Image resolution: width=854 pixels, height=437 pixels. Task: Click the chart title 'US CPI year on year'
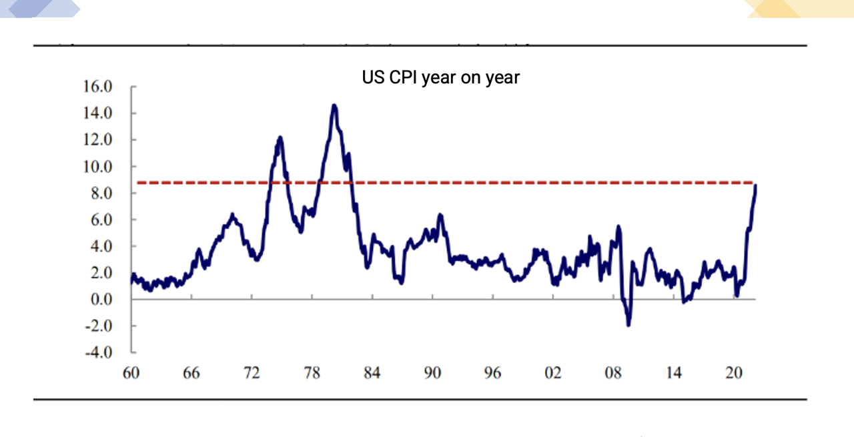[x=440, y=77]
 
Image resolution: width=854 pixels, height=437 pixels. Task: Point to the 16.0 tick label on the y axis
[x=97, y=87]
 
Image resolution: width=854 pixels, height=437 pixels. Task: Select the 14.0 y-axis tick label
[x=97, y=113]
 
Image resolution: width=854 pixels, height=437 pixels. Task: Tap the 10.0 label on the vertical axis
[x=97, y=166]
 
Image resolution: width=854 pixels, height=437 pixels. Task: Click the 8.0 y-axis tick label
[x=101, y=193]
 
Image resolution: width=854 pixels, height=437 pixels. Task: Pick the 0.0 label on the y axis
[x=101, y=299]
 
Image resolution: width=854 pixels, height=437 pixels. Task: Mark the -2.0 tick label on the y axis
[x=98, y=326]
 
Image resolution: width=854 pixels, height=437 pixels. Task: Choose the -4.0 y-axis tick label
[x=98, y=352]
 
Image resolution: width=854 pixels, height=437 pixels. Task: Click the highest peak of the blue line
[x=334, y=105]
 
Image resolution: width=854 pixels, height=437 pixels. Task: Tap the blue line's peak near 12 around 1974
[x=280, y=137]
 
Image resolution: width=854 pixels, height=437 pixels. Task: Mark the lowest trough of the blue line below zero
[x=628, y=324]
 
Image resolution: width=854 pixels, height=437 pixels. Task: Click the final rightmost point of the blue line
[x=756, y=185]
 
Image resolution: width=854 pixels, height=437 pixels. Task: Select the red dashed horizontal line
[x=467, y=182]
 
